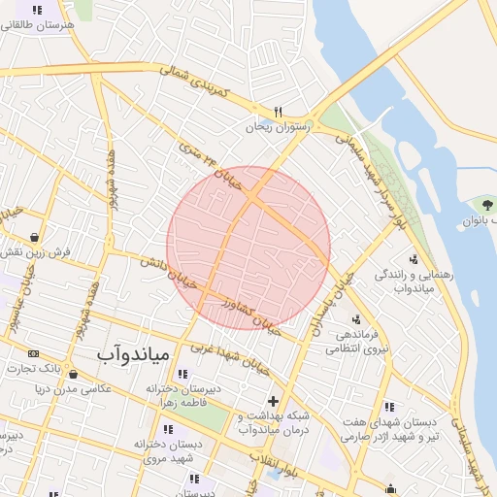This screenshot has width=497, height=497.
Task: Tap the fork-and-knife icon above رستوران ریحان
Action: click(279, 112)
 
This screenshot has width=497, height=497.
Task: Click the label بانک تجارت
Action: click(35, 369)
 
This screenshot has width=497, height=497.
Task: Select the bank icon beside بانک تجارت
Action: click(35, 353)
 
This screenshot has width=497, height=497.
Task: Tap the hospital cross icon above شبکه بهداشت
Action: click(273, 401)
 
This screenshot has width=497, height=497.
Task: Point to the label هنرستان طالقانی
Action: click(38, 25)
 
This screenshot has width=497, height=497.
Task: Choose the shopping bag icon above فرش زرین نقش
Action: click(35, 236)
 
